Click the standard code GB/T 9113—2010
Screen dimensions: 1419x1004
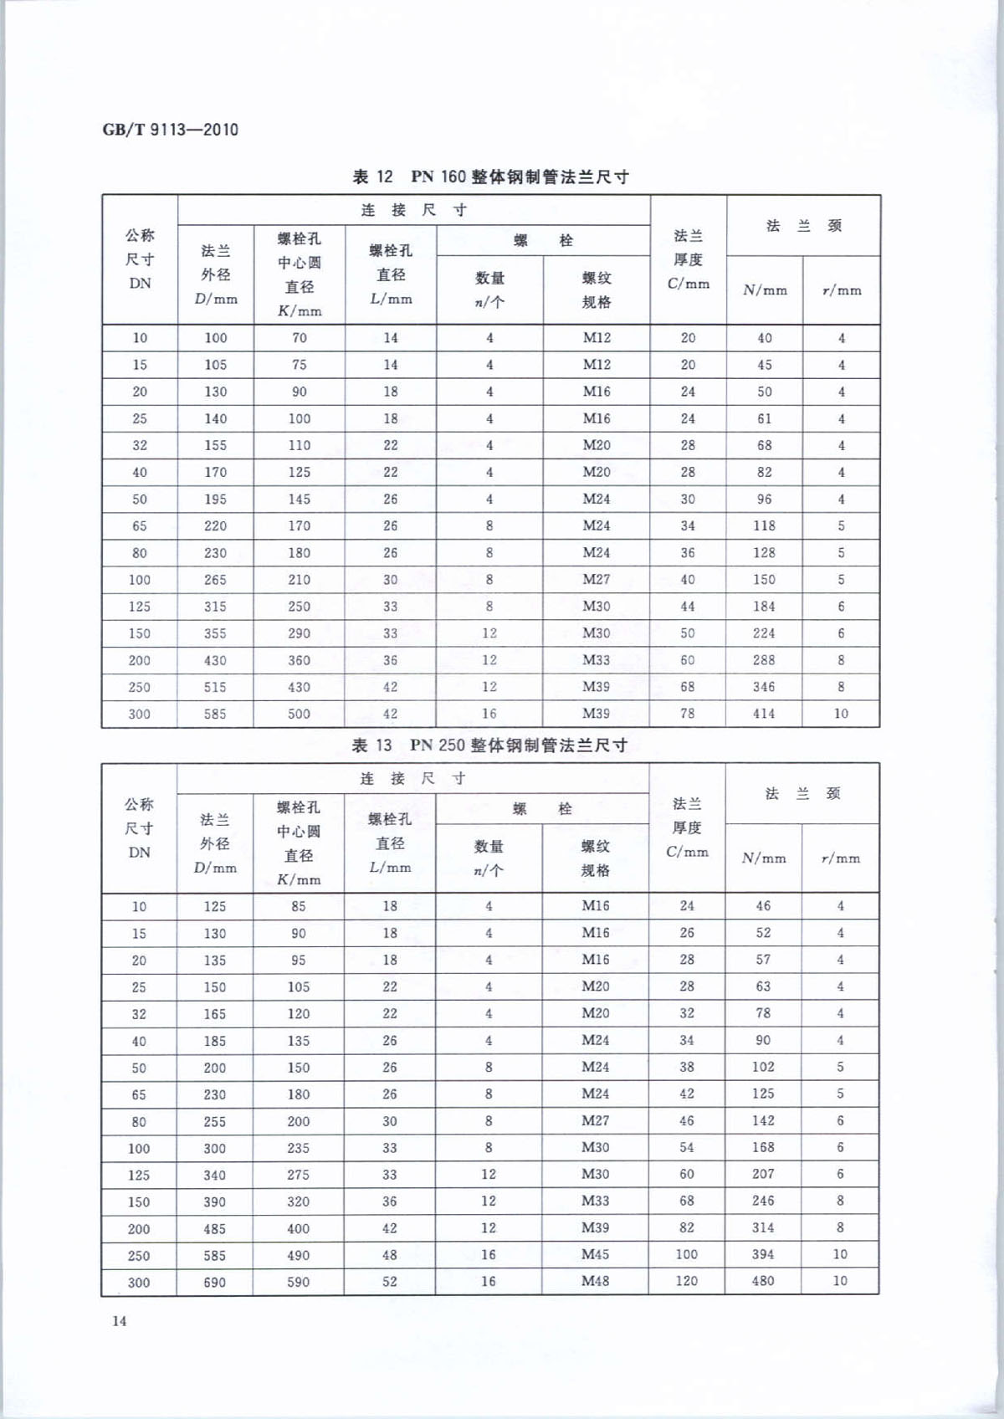point(170,130)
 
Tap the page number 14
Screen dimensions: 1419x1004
point(119,1320)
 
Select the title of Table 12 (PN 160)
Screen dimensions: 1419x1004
point(490,177)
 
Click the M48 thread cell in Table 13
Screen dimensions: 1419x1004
point(595,1280)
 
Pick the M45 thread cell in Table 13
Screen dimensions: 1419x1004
point(595,1253)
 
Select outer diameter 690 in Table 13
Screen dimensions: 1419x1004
point(214,1282)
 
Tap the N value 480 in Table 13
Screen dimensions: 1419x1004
point(762,1280)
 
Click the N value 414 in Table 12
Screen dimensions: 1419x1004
point(763,713)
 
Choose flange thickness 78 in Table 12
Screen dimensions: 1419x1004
point(687,713)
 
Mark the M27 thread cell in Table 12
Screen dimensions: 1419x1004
point(596,579)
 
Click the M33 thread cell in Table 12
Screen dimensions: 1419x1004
point(596,659)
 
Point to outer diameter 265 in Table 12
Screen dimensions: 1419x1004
point(215,579)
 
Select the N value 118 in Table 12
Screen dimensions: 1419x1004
point(764,525)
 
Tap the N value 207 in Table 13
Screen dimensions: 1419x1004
point(762,1173)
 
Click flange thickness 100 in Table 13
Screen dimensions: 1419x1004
point(686,1253)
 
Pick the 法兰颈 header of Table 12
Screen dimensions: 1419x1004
point(803,225)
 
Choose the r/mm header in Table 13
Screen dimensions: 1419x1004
point(840,858)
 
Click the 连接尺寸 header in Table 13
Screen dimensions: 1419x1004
point(412,778)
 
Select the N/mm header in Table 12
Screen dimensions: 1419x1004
point(765,290)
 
